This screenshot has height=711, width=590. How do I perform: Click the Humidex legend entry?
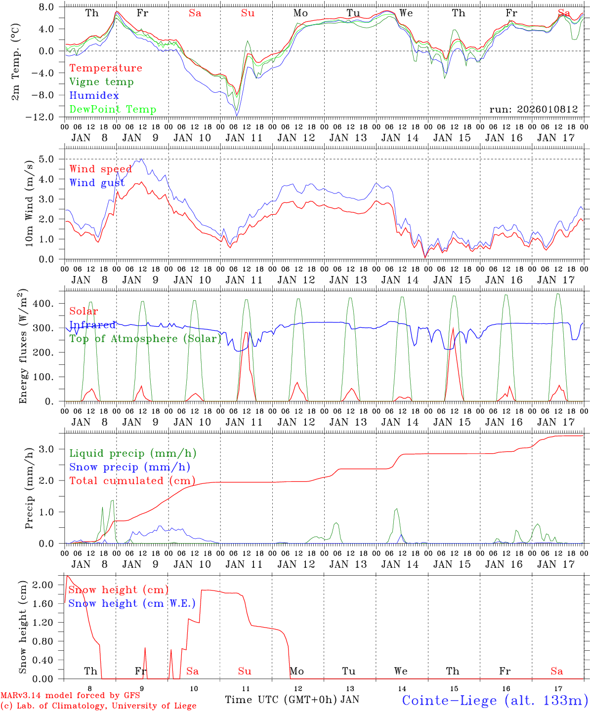[94, 96]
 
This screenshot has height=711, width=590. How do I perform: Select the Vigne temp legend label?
[101, 82]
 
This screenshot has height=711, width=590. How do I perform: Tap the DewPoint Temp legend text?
[113, 110]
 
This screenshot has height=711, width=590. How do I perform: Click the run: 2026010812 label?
[533, 110]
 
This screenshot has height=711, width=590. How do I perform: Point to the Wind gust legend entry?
[97, 183]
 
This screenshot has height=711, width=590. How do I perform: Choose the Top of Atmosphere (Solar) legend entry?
[145, 339]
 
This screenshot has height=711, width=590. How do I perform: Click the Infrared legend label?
[92, 325]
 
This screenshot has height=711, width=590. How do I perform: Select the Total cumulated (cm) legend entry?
[132, 481]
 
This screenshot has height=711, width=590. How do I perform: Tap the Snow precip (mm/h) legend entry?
[129, 467]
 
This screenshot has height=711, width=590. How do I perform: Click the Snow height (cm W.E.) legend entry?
[132, 603]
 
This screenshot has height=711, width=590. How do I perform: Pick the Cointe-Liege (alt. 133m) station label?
[495, 700]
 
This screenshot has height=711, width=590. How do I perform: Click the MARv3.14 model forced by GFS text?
[70, 696]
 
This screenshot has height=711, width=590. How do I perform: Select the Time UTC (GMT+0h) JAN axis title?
[292, 700]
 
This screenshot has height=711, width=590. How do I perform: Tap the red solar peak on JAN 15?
[453, 328]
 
